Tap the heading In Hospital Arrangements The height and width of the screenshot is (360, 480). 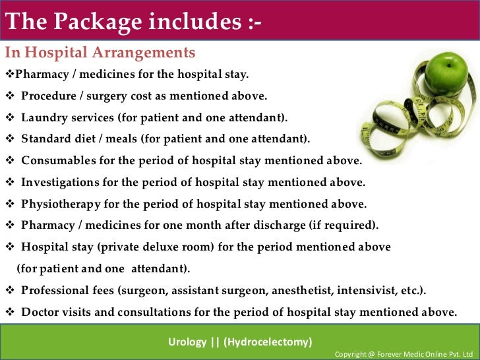(100, 53)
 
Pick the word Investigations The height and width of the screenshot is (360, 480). (59, 182)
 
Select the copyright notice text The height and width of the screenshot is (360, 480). (404, 354)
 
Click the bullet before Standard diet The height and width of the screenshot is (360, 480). (9, 139)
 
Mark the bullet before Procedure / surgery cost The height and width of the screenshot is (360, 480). (9, 96)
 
